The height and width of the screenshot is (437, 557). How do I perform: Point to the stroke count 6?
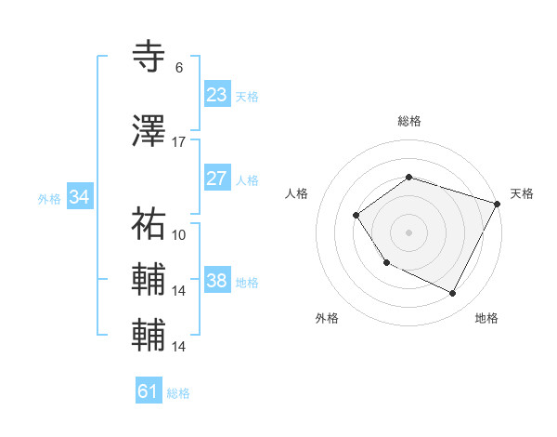178,68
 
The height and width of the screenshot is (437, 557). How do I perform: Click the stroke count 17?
179,142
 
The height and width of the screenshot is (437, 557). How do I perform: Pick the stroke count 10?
179,235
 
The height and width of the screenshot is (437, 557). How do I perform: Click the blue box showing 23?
217,95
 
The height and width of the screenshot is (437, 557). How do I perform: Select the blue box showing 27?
217,179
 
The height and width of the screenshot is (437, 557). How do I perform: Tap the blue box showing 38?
217,281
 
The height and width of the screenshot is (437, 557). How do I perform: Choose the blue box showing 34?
80,197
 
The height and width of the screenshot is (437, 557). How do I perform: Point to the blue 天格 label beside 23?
247,97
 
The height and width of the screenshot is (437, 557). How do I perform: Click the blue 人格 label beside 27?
247,180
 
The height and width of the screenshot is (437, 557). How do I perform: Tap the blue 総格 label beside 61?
178,393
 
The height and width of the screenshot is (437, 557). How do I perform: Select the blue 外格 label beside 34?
49,199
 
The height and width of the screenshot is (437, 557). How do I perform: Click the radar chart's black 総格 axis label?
409,121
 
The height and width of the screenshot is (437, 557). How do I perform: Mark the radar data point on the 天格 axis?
498,203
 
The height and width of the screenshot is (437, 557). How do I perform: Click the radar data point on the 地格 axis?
453,294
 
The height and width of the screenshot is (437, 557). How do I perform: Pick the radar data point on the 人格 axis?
356,216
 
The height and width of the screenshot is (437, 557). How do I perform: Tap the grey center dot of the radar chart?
408,232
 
